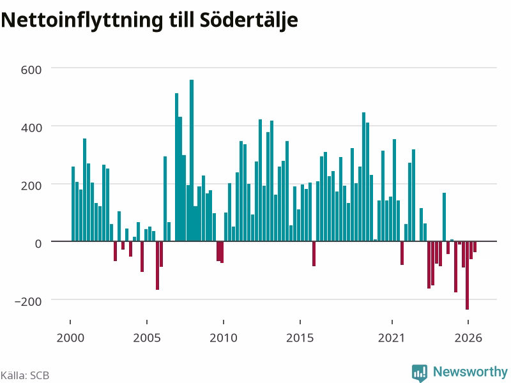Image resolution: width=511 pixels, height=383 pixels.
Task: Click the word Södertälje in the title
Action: point(248,20)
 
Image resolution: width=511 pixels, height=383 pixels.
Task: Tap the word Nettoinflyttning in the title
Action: point(82,20)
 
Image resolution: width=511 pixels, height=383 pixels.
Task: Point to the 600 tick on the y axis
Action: point(31,70)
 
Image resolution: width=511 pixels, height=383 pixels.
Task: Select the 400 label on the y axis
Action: point(31,128)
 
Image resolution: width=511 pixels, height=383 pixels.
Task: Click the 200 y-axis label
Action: point(31,186)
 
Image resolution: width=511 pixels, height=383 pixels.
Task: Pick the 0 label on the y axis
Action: point(38,243)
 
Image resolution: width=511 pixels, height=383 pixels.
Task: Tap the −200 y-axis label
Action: point(28,301)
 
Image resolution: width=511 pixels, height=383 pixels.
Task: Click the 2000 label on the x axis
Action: point(70,338)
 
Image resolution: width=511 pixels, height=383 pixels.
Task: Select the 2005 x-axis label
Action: point(147,338)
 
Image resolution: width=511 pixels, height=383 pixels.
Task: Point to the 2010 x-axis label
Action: point(224,338)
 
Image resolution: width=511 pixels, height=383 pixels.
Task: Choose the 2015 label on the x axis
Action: point(300,338)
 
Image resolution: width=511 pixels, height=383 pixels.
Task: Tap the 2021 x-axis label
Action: point(392,338)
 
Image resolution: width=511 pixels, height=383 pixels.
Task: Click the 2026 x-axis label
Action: point(468,338)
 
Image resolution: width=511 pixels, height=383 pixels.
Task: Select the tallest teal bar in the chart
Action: point(192,160)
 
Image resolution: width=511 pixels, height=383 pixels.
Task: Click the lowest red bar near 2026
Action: point(468,276)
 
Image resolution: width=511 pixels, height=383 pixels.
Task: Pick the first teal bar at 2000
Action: point(73,204)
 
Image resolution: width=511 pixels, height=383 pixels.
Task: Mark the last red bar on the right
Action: point(475,247)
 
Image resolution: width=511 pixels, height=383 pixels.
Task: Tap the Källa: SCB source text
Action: point(25,375)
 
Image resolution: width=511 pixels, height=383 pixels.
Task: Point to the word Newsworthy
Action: point(470,372)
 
